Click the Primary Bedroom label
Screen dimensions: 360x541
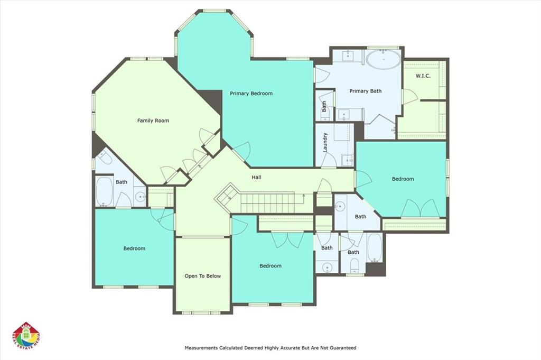tap(251, 94)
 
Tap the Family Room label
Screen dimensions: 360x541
tap(153, 121)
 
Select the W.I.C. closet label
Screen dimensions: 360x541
tap(423, 76)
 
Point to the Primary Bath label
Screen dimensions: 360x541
tap(366, 91)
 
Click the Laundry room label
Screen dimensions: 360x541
tap(325, 142)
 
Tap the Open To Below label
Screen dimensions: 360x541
tap(202, 276)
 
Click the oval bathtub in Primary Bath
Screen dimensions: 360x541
tap(384, 60)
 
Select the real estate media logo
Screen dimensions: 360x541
tap(26, 336)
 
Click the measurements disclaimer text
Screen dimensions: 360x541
tap(270, 348)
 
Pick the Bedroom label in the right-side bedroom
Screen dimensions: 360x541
tap(403, 179)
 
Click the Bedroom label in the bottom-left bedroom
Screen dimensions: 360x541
tap(134, 248)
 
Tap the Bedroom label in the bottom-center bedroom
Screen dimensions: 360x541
tap(270, 266)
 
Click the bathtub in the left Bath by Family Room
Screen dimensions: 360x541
tap(104, 191)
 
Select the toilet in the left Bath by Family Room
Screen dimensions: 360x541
tap(105, 157)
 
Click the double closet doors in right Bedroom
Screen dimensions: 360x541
tap(419, 208)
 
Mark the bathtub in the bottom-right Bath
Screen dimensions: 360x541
tap(375, 248)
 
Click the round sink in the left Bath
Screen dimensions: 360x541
tap(141, 197)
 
